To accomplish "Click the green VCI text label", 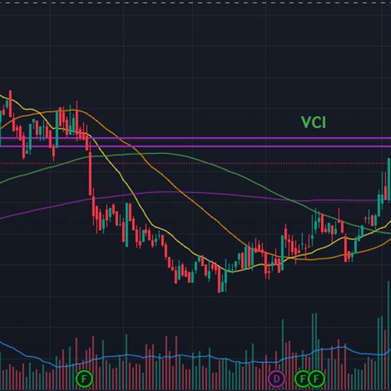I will tap(313, 122).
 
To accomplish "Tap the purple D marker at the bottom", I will tap(276, 378).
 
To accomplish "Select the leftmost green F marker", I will tap(84, 378).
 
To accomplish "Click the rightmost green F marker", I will tap(317, 378).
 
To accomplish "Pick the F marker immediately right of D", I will tap(302, 378).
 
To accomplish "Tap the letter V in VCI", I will tap(305, 122).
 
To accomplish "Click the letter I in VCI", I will tap(323, 122).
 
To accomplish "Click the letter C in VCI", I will tap(315, 122).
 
